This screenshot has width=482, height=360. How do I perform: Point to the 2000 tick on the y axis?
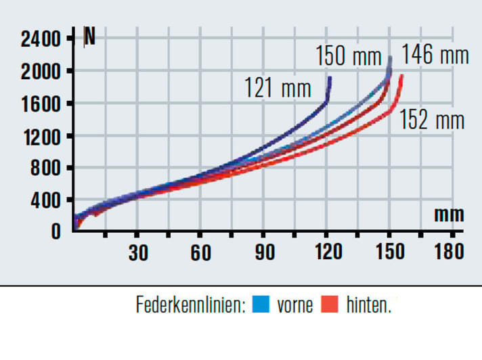click(x=41, y=71)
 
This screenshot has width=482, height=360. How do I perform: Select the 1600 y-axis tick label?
click(x=41, y=104)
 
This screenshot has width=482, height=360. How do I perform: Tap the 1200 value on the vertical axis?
click(x=41, y=136)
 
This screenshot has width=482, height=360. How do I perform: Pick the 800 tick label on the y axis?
click(x=46, y=168)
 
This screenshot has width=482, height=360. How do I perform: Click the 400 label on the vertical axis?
click(x=46, y=200)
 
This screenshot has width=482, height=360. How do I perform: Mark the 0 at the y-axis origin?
click(x=56, y=231)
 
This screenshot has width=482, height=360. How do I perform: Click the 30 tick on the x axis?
click(x=138, y=253)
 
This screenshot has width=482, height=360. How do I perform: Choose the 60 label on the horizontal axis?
click(x=201, y=253)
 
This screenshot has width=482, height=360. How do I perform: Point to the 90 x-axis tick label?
click(x=265, y=253)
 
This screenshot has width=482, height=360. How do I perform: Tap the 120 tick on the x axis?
click(x=328, y=253)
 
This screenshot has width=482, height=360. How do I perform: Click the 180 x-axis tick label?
click(x=450, y=253)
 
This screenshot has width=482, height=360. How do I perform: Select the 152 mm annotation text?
click(x=432, y=120)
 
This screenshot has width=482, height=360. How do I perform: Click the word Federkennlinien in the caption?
click(x=190, y=305)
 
